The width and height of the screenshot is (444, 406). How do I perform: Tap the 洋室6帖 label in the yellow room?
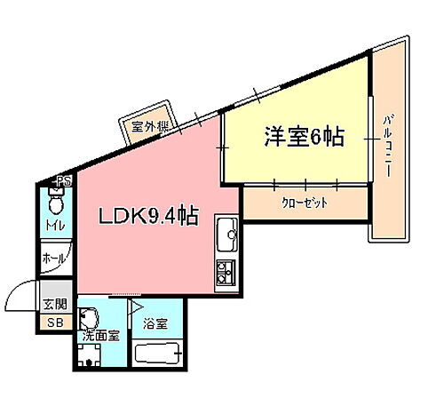click(x=303, y=138)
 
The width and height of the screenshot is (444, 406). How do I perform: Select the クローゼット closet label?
click(x=305, y=203)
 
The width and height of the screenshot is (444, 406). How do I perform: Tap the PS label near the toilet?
click(x=63, y=182)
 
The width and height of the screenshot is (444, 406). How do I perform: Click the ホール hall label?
click(x=54, y=261)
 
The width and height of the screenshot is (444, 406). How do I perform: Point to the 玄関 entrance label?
click(x=55, y=305)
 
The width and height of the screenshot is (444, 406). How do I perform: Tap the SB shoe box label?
click(x=55, y=322)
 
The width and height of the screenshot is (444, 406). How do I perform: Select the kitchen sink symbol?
click(x=227, y=235)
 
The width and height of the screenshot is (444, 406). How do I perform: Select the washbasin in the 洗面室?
click(x=88, y=318)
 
